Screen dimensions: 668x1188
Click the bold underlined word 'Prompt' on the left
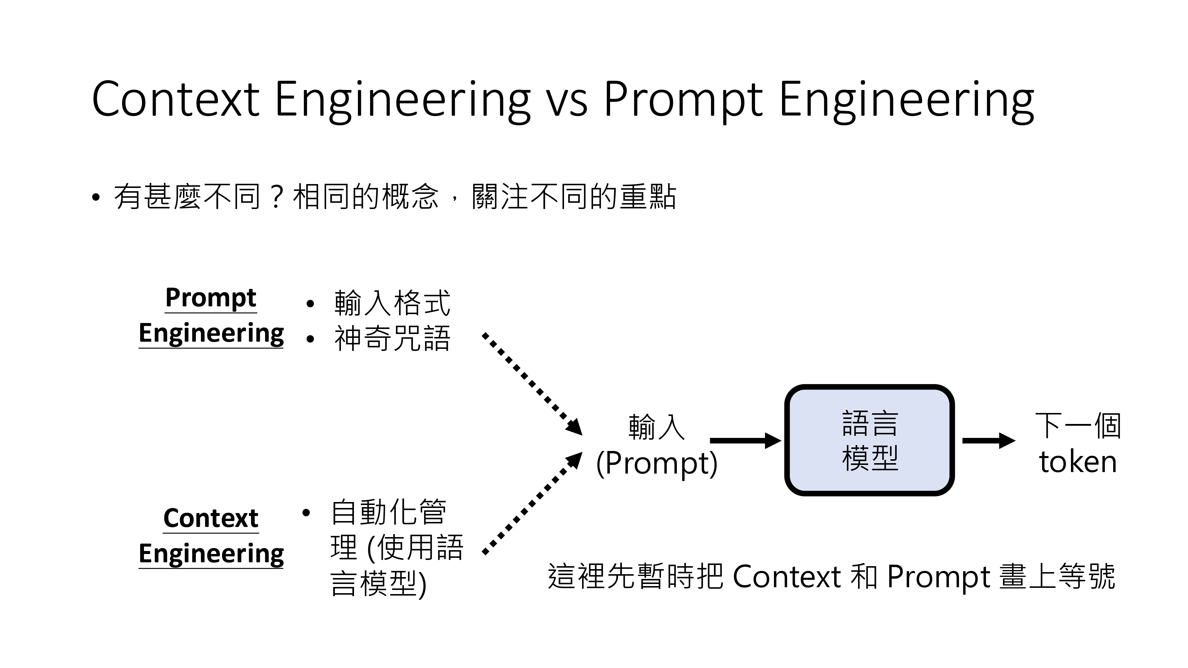[x=211, y=298]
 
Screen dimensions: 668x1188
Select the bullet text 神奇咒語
[x=392, y=338]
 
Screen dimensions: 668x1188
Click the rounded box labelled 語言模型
[x=869, y=440]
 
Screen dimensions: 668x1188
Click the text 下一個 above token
[x=1078, y=425]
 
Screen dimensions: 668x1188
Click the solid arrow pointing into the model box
[x=745, y=441]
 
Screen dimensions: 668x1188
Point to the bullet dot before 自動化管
[x=306, y=513]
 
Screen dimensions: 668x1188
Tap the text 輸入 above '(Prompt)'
[x=657, y=427]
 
